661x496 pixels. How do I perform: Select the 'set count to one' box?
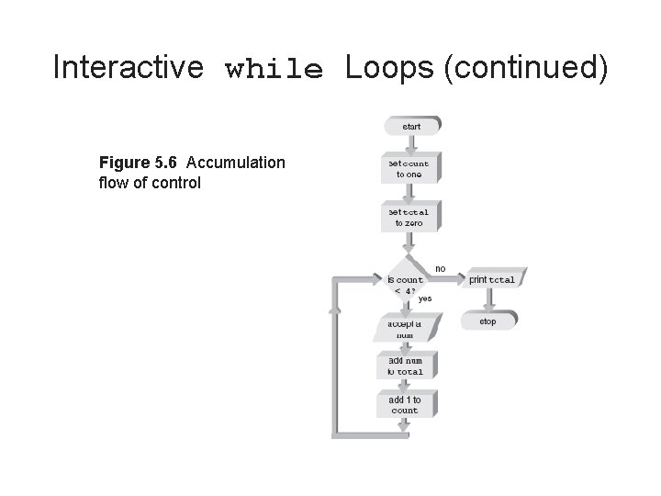408,169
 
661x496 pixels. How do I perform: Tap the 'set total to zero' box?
408,217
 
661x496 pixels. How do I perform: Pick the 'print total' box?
491,280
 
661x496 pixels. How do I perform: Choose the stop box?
487,321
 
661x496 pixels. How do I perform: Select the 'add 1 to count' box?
405,405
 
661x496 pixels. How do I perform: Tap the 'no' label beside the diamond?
441,268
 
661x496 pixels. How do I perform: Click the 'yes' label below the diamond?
424,299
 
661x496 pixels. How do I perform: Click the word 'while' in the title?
274,69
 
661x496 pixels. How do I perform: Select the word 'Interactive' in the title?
128,67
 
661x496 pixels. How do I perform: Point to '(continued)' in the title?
525,68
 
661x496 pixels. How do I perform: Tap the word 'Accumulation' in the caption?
236,163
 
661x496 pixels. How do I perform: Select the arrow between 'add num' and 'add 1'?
405,386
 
